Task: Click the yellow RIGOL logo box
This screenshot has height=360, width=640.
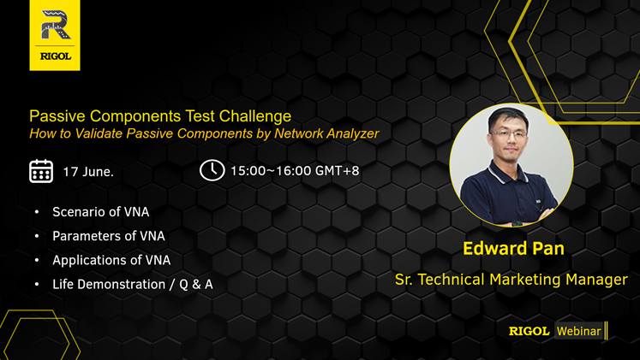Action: (x=55, y=35)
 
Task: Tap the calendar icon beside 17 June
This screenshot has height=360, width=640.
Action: (x=41, y=171)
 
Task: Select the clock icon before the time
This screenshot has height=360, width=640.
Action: (x=212, y=170)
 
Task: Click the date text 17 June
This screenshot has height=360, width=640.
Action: (x=88, y=171)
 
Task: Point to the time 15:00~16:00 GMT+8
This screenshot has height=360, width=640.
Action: (x=295, y=171)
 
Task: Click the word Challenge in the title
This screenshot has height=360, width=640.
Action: (x=255, y=116)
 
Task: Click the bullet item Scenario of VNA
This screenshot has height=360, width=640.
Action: (x=101, y=212)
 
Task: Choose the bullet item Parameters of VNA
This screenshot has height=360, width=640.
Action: (x=109, y=236)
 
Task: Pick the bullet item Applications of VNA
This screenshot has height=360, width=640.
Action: (x=111, y=260)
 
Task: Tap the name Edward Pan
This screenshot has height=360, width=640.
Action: (x=513, y=249)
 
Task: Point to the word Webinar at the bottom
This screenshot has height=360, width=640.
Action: (x=579, y=331)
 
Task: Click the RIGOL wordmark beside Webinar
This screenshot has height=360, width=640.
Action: (x=529, y=331)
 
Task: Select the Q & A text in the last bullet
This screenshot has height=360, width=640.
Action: (x=196, y=284)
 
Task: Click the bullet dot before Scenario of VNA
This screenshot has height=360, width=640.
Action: (x=37, y=212)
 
